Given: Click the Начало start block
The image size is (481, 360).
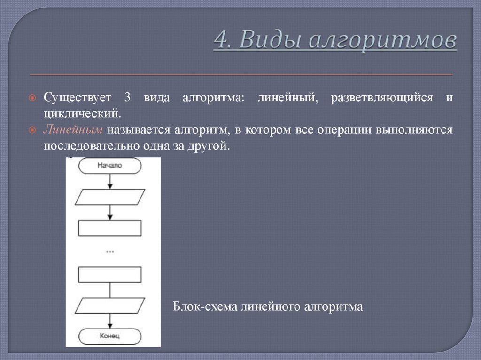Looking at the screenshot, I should pos(109,165).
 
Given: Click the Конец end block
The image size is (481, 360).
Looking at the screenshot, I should pos(109,336).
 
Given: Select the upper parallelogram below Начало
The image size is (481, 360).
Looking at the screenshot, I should pos(110,197).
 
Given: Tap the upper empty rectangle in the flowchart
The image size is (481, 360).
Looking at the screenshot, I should pos(109,228).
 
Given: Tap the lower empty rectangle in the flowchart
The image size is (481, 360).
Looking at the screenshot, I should pos(109,275).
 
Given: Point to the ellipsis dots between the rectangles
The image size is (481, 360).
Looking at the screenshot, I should pos(110,252).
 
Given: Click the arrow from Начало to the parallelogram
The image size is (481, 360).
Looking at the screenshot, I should pos(110,181).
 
